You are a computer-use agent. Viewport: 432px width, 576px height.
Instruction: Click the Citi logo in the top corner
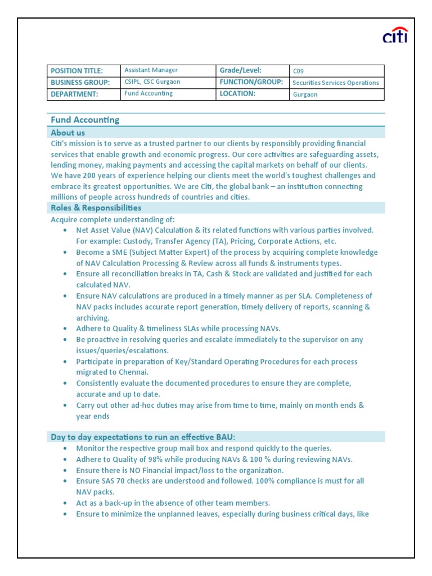coord(395,35)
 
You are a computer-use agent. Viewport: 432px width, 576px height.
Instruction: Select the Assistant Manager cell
coord(151,70)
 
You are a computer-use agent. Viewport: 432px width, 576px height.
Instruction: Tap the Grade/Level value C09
coord(298,71)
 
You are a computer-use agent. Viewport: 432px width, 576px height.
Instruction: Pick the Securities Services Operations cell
coord(336,83)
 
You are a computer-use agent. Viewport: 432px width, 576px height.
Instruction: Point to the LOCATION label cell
coord(237,94)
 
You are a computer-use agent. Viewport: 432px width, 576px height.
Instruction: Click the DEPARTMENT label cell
coord(74,94)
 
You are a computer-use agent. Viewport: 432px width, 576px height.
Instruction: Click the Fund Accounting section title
coord(85,120)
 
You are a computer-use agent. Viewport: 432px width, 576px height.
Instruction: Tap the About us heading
coord(68,133)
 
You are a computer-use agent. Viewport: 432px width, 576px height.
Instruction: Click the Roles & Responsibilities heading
coord(96,208)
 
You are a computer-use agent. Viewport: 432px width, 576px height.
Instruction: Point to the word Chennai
coord(133,372)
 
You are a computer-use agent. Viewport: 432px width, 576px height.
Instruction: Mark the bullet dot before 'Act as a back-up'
coord(66,503)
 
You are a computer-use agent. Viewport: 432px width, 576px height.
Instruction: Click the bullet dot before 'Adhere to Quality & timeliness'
coord(66,329)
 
